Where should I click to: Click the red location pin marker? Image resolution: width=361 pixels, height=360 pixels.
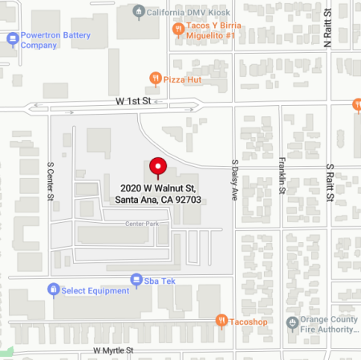[x=157, y=167]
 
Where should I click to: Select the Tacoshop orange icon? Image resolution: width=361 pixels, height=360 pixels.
[x=221, y=320]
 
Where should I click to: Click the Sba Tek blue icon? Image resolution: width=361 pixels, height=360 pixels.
[x=136, y=279]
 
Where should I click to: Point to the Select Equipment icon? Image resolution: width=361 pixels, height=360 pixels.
[x=53, y=289]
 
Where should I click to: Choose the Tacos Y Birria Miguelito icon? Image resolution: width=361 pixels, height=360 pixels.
[x=179, y=28]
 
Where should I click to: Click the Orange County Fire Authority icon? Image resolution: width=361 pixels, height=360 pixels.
[x=292, y=322]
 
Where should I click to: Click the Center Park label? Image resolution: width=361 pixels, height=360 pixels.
[x=141, y=224]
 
